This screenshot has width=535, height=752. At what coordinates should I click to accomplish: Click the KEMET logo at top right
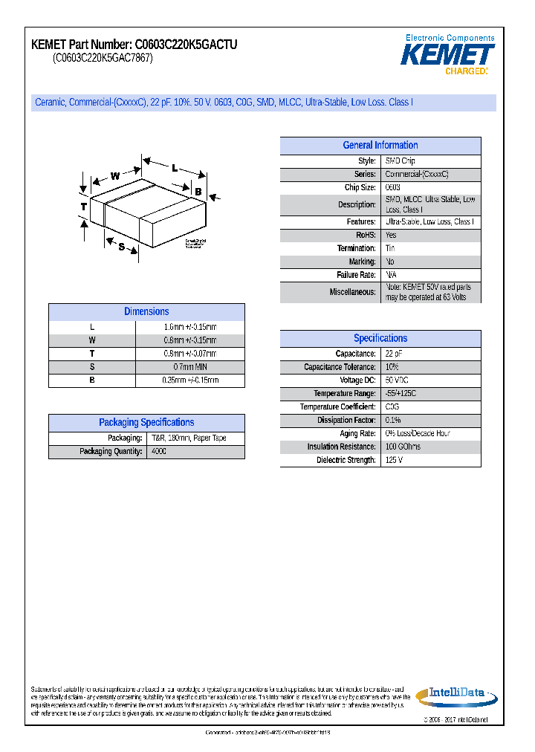[x=448, y=54]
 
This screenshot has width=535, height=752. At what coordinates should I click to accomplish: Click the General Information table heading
[x=380, y=146]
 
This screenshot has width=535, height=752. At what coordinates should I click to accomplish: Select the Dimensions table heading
[x=146, y=312]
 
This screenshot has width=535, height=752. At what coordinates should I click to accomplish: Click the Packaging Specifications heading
[x=146, y=423]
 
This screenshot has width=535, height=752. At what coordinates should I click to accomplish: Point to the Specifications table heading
[x=380, y=338]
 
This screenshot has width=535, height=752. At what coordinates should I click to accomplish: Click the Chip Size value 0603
[x=393, y=188]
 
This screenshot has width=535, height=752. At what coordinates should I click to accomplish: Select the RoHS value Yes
[x=392, y=236]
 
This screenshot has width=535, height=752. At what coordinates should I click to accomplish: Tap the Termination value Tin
[x=391, y=248]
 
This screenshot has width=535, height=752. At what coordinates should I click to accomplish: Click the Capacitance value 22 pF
[x=394, y=354]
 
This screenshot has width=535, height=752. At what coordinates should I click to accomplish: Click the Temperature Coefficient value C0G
[x=392, y=407]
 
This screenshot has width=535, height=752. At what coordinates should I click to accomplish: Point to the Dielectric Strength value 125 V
[x=395, y=461]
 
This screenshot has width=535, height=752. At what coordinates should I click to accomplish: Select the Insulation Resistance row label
[x=342, y=447]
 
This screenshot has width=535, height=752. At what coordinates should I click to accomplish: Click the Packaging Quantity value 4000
[x=159, y=452]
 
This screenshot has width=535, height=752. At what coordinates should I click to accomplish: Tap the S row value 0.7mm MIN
[x=189, y=367]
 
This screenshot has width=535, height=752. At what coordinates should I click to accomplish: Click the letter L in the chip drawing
[x=175, y=168]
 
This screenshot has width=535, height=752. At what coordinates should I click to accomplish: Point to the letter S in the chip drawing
[x=121, y=246]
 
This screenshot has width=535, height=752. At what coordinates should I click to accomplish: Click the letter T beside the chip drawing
[x=84, y=206]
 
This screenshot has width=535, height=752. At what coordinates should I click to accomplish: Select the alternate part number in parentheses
[x=103, y=59]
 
